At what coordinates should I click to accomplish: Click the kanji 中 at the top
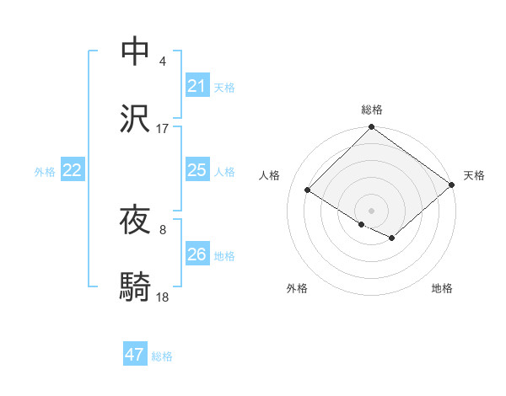[137, 51]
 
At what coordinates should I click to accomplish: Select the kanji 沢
[137, 119]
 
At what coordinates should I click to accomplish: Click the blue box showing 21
[196, 86]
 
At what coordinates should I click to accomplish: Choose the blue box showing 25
[196, 170]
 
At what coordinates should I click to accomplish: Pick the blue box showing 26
[196, 254]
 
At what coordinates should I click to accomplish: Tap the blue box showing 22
[73, 170]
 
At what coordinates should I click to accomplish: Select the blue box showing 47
[135, 355]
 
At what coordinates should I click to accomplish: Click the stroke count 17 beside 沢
[163, 129]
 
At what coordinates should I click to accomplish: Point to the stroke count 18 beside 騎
[163, 297]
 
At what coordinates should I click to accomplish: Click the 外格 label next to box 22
[45, 172]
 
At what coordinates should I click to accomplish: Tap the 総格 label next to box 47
[162, 356]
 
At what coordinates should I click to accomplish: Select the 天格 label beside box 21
[224, 88]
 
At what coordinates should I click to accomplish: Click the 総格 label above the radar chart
[372, 110]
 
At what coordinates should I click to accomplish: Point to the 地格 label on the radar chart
[442, 288]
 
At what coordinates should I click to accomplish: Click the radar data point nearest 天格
[452, 186]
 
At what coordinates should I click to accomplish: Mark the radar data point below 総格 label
[371, 128]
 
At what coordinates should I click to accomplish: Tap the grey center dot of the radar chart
[371, 210]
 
